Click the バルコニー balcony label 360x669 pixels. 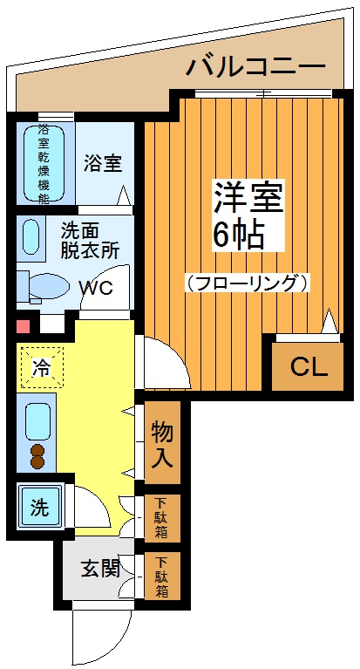[x=255, y=66]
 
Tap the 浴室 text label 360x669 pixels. [x=102, y=162]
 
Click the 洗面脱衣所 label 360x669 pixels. [x=90, y=239]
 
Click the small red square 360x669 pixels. [x=24, y=327]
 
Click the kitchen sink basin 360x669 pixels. [x=38, y=421]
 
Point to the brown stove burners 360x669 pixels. [x=38, y=456]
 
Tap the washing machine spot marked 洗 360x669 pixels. [x=39, y=506]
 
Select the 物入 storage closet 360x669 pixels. [x=162, y=443]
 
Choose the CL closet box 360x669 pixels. [x=309, y=366]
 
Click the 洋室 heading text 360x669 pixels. [x=248, y=199]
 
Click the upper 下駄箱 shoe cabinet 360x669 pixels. [x=162, y=518]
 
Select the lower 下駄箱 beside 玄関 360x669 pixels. [x=162, y=576]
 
